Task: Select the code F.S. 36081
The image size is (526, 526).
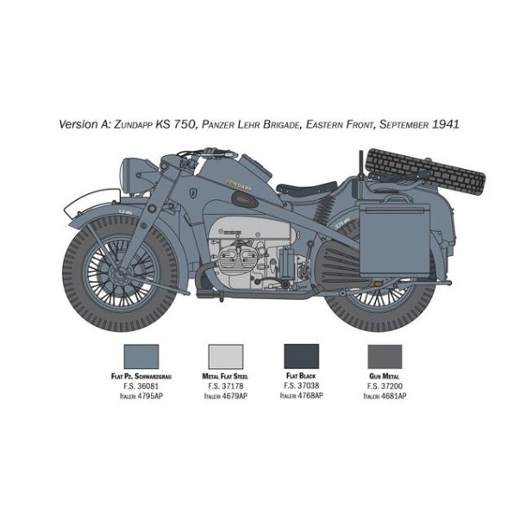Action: [141, 387]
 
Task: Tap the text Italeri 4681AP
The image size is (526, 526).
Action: [384, 396]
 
